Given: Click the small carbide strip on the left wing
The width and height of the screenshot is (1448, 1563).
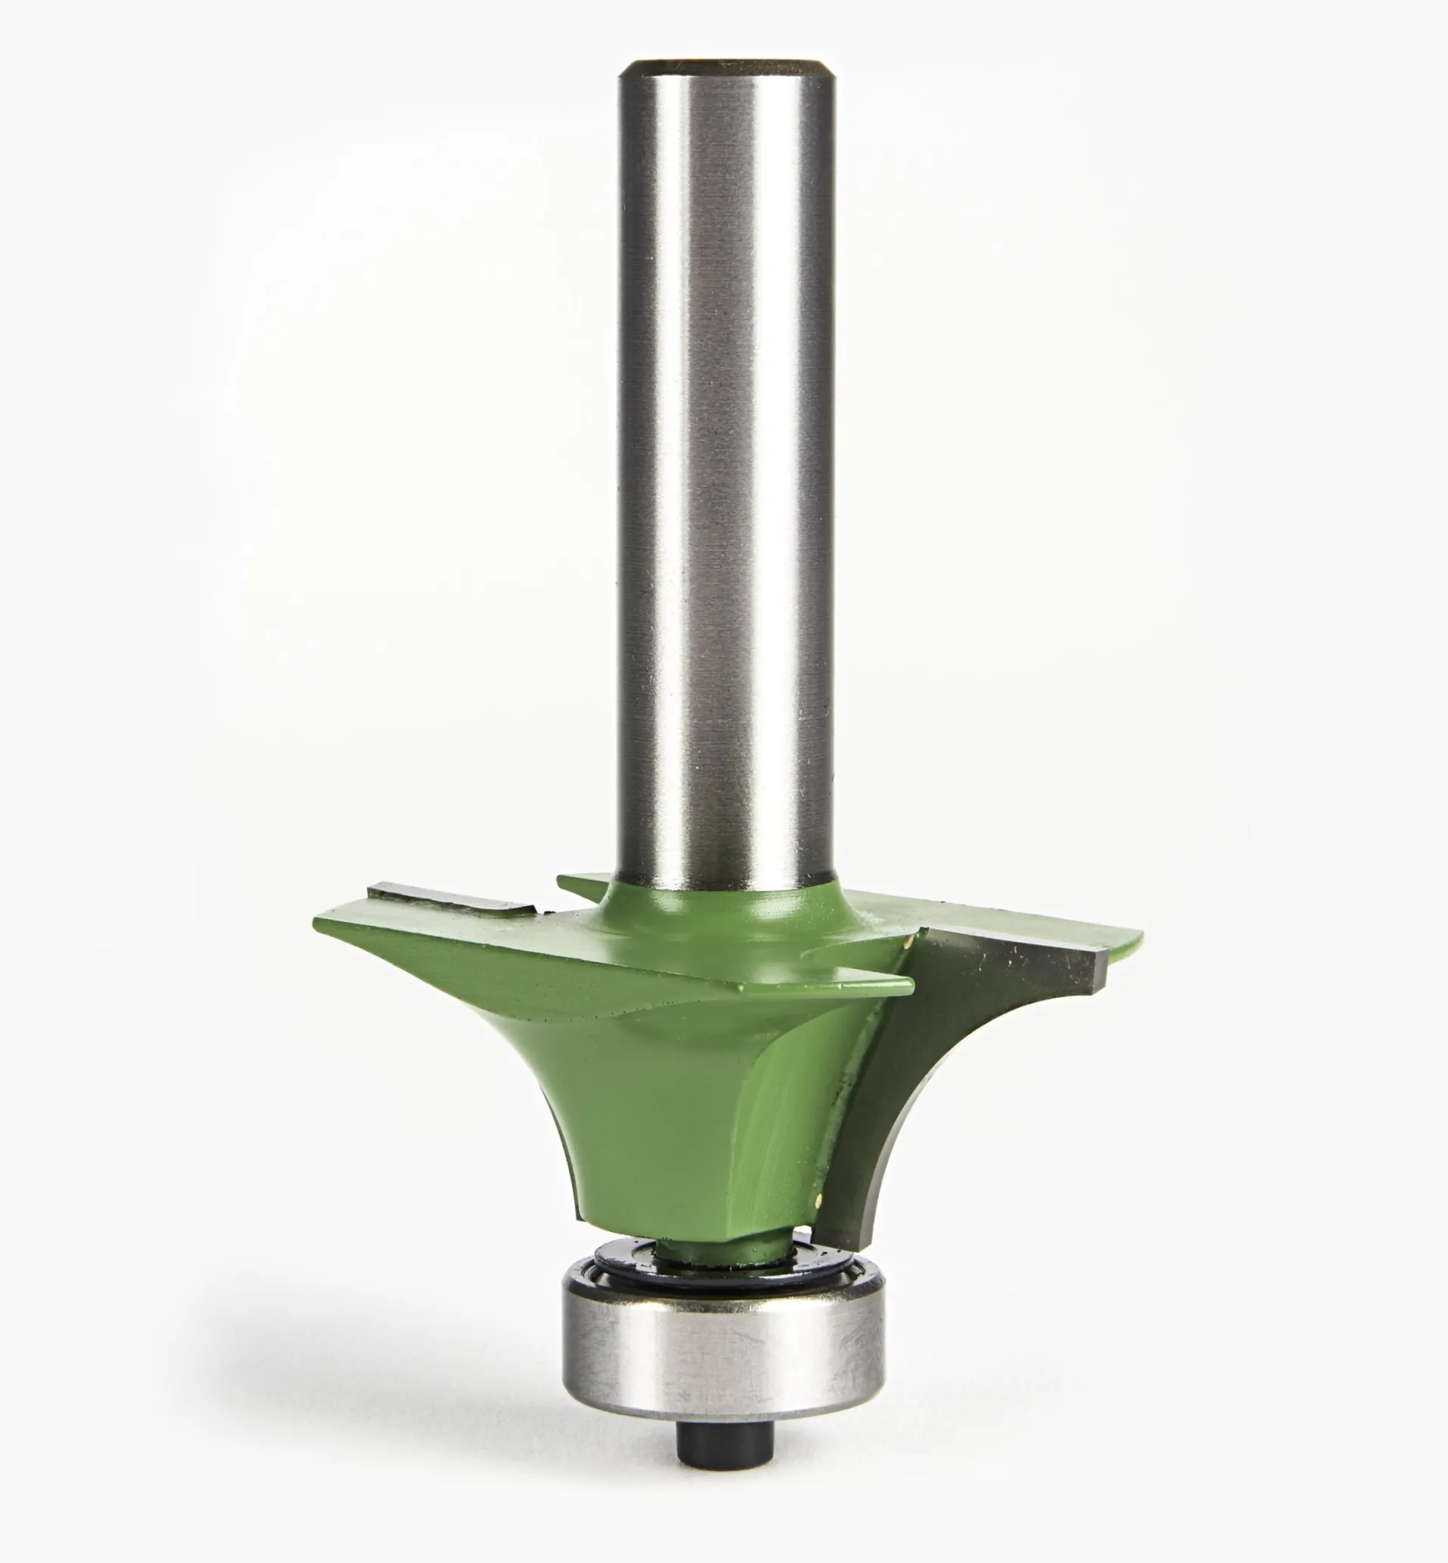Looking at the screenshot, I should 450,896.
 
